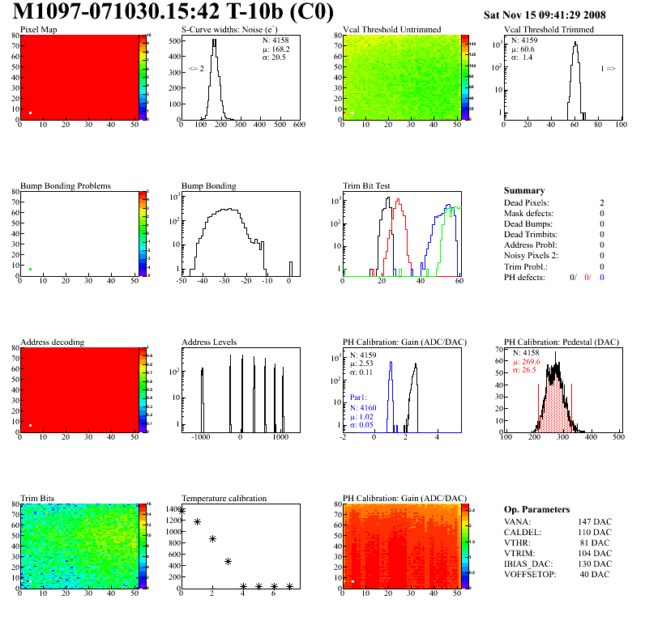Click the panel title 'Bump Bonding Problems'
point(66,185)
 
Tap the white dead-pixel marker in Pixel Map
point(30,113)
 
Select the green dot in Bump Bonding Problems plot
point(30,269)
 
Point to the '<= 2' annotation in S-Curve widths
point(196,69)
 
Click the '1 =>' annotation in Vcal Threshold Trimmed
point(608,69)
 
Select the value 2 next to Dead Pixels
point(602,202)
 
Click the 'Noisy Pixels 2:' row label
point(529,256)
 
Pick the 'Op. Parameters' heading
point(536,509)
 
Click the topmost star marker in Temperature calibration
point(182,511)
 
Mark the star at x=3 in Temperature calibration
point(228,561)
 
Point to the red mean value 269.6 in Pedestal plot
point(531,362)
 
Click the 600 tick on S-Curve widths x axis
point(298,125)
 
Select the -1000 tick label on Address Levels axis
point(201,436)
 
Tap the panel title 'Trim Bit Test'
point(366,185)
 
